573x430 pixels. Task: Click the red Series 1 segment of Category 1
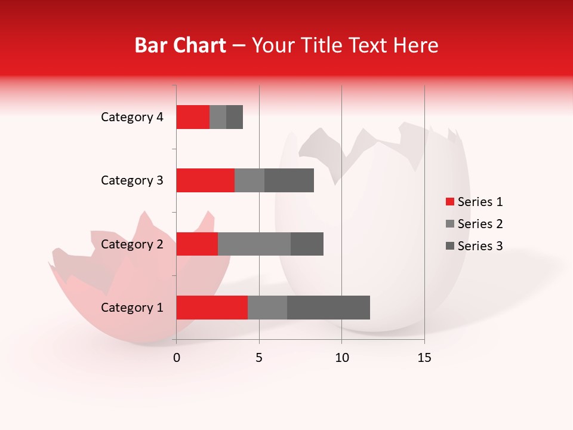pos(212,308)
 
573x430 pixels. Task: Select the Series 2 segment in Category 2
pos(254,244)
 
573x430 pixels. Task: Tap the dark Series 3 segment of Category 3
pos(289,180)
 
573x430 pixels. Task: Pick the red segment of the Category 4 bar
pos(193,117)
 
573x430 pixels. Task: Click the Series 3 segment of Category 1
pos(328,308)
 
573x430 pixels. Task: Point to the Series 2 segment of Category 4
pos(218,117)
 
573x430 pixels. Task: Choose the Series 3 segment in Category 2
pos(307,244)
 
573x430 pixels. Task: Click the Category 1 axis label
pos(132,308)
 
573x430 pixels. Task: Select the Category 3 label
pos(132,180)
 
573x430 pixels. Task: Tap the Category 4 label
pos(132,117)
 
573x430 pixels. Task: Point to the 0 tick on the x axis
pos(177,358)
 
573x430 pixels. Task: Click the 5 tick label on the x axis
pos(259,358)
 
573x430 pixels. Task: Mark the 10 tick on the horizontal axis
pos(341,358)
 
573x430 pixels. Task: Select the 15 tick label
pos(424,358)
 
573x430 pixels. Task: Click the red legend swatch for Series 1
pos(449,202)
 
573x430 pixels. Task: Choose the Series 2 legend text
pos(480,224)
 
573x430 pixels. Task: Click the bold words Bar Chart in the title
pos(180,45)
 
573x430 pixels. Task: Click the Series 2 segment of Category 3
pos(249,180)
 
